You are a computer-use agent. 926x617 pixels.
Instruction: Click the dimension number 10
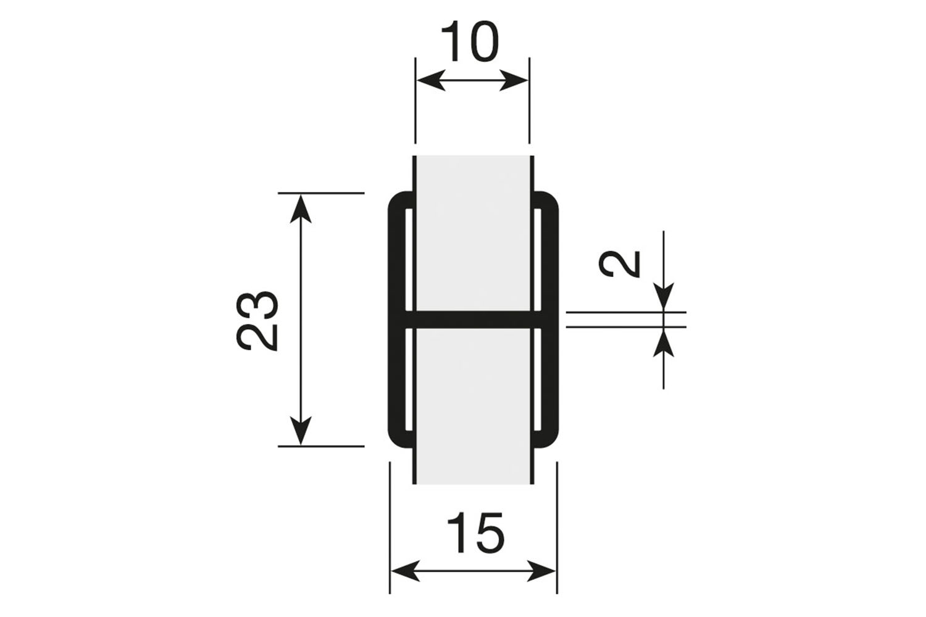471,43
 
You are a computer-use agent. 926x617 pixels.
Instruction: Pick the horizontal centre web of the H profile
473,319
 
